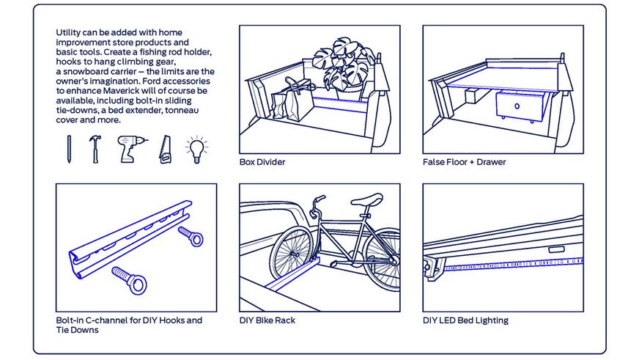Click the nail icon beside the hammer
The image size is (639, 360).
coord(69,149)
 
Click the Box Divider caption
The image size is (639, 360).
coord(262,162)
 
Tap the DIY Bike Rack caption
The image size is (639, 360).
coord(267,320)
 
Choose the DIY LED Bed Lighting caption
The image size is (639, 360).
coord(465,320)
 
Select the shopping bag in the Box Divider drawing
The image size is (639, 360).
coord(287,104)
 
